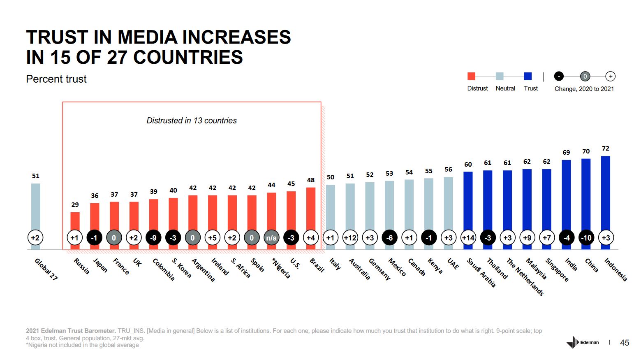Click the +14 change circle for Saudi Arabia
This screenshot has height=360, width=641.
468,238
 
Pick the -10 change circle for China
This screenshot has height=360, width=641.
586,238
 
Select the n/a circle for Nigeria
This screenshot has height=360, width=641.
271,238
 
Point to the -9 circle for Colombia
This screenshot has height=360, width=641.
153,238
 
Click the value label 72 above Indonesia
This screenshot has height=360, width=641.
605,149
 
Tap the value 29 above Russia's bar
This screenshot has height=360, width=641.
75,204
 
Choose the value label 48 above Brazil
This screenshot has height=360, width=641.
311,180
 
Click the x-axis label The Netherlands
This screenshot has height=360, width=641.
525,276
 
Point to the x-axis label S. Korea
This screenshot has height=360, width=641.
182,268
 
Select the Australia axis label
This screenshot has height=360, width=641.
360,269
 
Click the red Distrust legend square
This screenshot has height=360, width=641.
471,76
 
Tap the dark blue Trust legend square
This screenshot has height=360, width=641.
528,76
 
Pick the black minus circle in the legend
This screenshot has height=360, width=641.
559,76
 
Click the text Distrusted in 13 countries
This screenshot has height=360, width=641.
192,121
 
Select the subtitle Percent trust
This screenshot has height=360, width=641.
56,79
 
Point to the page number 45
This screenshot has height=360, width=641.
624,343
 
